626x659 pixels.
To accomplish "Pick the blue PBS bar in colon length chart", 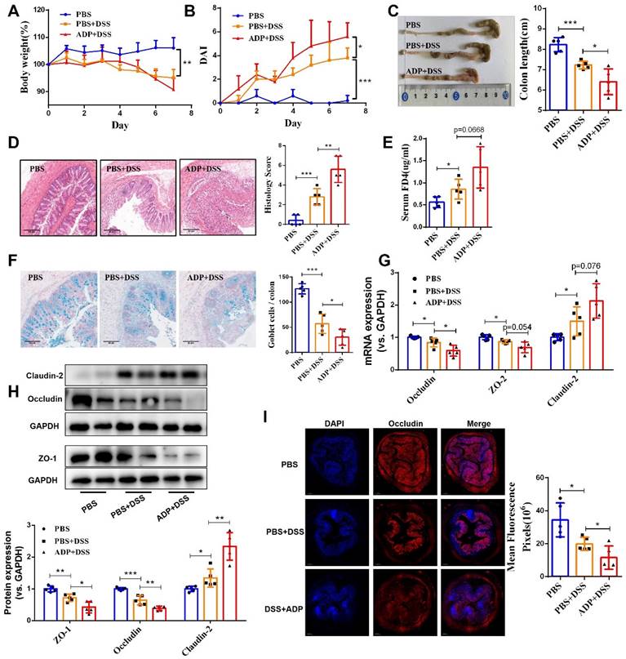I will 557,79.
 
